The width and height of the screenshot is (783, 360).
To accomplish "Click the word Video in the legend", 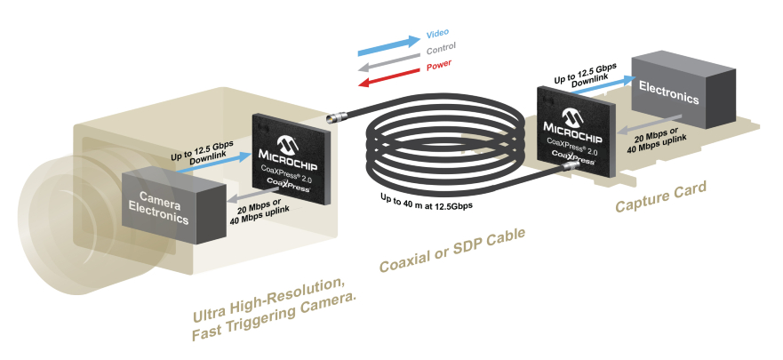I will point(437,34).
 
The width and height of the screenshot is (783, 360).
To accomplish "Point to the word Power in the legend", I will point(439,67).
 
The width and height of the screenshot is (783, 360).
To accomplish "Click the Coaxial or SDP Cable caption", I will point(451,252).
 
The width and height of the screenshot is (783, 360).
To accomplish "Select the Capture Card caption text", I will point(662,197).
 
